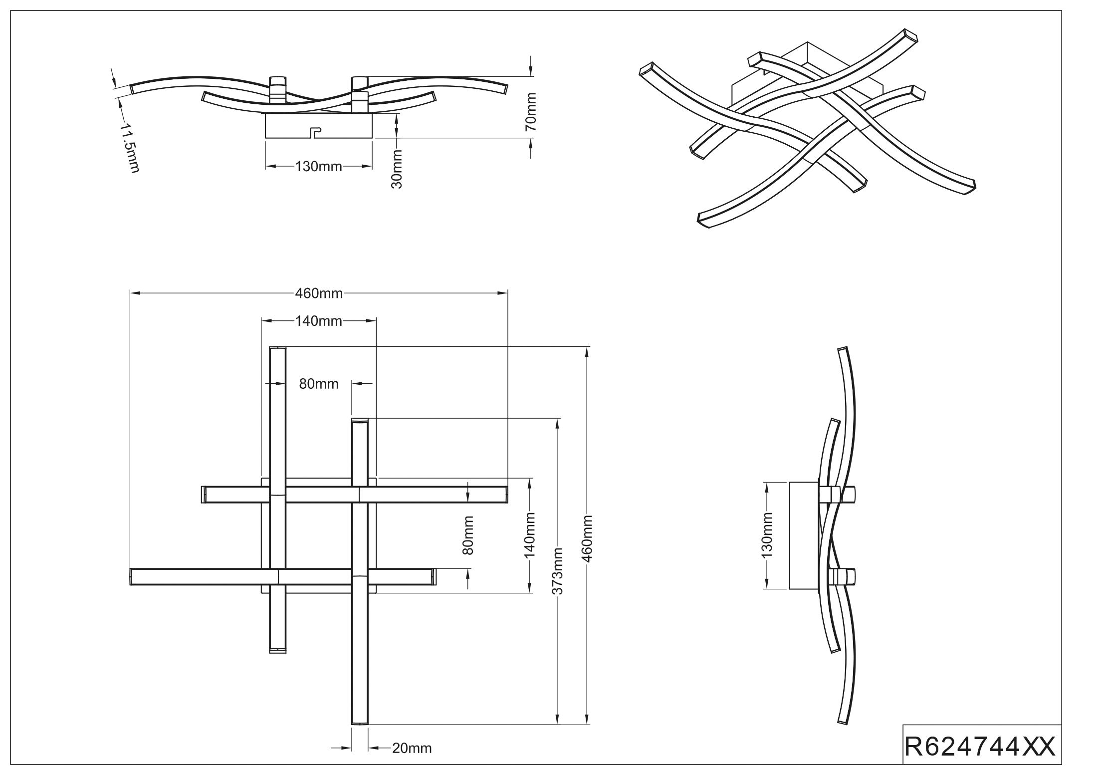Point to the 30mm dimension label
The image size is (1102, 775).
pos(397,169)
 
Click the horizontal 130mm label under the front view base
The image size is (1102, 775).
pos(318,166)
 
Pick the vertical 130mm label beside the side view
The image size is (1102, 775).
pos(767,534)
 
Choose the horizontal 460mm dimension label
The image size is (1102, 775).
pos(319,293)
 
